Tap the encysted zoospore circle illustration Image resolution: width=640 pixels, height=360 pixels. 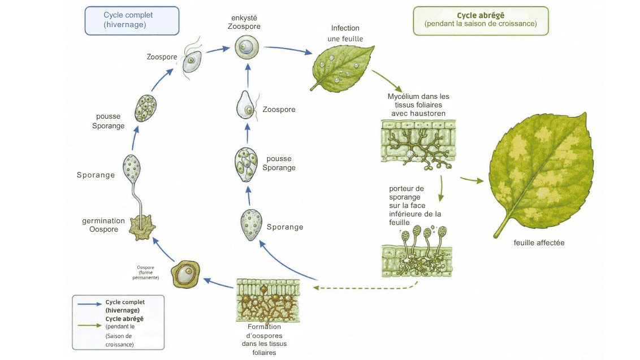click(247, 47)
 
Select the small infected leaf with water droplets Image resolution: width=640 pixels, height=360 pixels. click(342, 68)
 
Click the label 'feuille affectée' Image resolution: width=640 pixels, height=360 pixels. click(539, 243)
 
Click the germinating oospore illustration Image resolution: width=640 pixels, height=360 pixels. click(142, 227)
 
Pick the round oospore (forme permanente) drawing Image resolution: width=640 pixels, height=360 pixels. click(185, 274)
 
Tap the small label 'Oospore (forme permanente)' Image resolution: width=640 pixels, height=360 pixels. click(146, 272)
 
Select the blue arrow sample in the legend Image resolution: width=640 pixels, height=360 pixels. click(89, 304)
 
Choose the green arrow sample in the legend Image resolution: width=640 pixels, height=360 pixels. click(89, 326)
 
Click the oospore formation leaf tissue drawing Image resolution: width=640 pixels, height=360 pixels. click(268, 301)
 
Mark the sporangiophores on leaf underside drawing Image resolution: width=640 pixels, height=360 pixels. click(417, 251)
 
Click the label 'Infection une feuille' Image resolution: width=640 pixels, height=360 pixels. click(345, 33)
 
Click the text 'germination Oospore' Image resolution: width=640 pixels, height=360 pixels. click(103, 225)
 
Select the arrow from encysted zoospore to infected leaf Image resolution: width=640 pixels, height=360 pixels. click(288, 49)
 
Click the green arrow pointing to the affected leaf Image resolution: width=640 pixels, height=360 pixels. click(472, 180)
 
